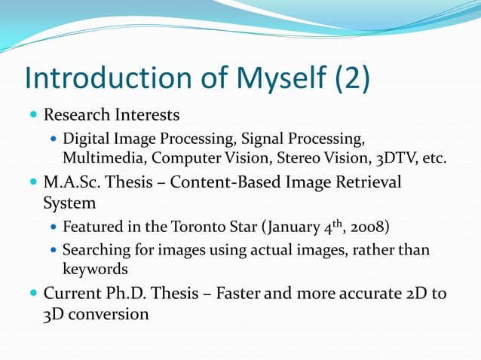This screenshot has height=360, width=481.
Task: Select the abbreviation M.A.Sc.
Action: click(x=71, y=183)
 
